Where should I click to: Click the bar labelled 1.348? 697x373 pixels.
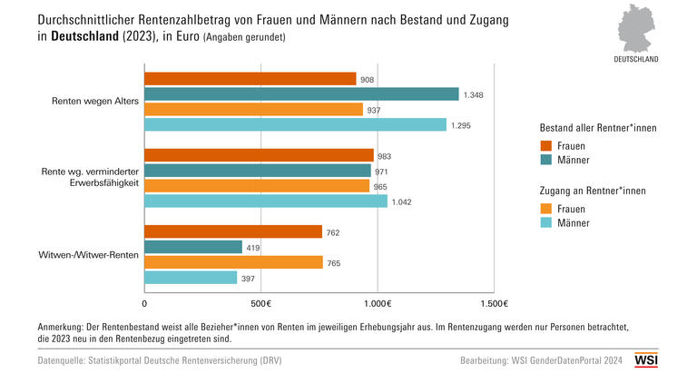301,93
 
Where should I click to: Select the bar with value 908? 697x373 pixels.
250,79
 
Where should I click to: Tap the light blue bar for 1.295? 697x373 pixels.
295,124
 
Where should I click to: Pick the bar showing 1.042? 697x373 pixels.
266,201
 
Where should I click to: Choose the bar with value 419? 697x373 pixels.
192,247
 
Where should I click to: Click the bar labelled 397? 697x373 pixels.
191,278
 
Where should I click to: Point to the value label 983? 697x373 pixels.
384,156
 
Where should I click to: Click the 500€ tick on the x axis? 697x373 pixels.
260,304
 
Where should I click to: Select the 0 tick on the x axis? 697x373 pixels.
144,304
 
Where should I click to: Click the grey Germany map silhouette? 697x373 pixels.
640,29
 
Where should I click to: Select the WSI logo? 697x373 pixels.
645,359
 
